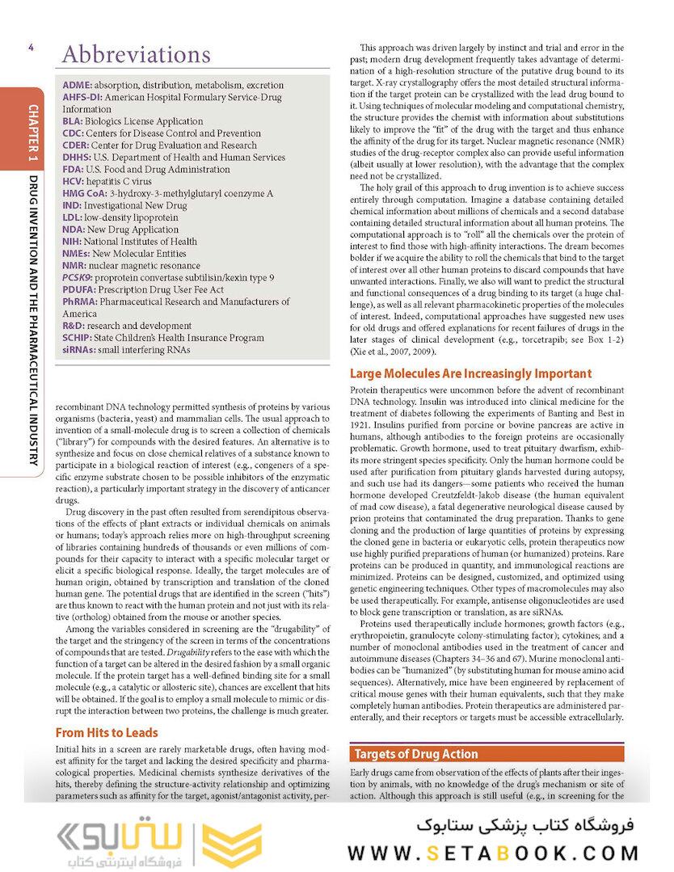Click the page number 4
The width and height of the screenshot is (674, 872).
click(x=30, y=48)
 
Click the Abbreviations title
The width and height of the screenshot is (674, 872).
click(x=136, y=55)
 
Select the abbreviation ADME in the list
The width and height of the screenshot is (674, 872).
click(x=77, y=85)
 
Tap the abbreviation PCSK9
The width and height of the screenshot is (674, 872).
click(x=78, y=277)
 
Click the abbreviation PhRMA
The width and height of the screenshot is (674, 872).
click(x=79, y=301)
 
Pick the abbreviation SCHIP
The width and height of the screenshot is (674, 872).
click(x=78, y=338)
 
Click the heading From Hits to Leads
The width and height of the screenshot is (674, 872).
click(x=107, y=733)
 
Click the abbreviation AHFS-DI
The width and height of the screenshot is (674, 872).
click(x=82, y=97)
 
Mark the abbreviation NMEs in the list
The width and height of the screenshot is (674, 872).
click(x=78, y=253)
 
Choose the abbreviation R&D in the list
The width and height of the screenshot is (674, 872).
click(x=74, y=326)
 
